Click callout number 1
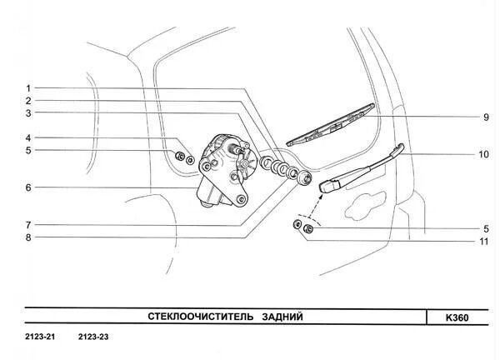(x=27, y=88)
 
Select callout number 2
(x=27, y=101)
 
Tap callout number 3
(x=27, y=113)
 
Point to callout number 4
(x=27, y=138)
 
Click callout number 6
(x=27, y=187)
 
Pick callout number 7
(x=27, y=225)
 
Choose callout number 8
(x=27, y=237)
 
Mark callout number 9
(x=484, y=117)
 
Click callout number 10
(x=483, y=154)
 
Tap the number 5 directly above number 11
(x=484, y=228)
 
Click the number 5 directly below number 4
(x=27, y=151)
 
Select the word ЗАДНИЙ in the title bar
(x=281, y=317)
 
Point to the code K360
(x=459, y=317)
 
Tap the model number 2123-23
(x=94, y=337)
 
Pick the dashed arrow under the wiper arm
(x=322, y=202)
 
